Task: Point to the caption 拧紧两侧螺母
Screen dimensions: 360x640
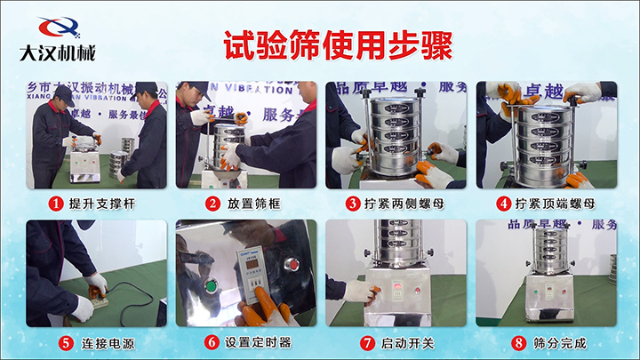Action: (407, 204)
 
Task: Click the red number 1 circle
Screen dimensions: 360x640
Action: (53, 204)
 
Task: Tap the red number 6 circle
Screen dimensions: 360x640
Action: (212, 342)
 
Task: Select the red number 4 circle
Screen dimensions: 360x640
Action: (504, 204)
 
